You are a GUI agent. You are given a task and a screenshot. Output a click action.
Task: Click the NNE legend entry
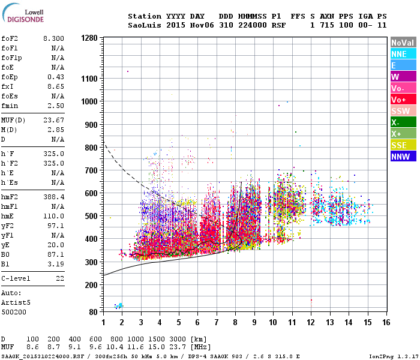(x=403, y=54)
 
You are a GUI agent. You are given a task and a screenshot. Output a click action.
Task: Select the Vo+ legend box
(x=403, y=100)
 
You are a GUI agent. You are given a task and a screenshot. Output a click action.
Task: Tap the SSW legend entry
(x=403, y=111)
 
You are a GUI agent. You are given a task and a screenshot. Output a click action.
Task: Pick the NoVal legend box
(x=403, y=43)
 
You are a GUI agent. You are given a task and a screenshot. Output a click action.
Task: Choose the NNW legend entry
(x=403, y=157)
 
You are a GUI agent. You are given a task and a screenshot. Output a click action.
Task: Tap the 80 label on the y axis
(x=93, y=312)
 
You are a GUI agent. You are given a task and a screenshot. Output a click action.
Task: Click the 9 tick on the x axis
(x=254, y=322)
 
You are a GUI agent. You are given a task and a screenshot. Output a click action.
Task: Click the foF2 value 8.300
(x=53, y=38)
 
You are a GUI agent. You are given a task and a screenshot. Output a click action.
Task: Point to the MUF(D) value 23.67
(x=53, y=120)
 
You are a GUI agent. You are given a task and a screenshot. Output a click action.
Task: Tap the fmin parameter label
(x=11, y=106)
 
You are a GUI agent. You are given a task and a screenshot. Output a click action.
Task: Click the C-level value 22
(x=59, y=279)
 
